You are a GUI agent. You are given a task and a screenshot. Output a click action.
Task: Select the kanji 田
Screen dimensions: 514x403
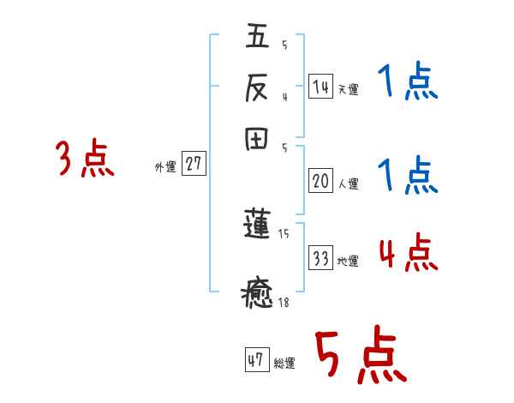258,140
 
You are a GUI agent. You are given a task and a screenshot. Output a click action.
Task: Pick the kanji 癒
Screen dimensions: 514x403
258,292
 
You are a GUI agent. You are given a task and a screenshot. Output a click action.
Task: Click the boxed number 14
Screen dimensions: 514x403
320,87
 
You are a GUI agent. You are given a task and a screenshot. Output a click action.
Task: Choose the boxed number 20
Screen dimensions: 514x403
320,181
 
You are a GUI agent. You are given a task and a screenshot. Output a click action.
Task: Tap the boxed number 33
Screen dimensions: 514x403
320,258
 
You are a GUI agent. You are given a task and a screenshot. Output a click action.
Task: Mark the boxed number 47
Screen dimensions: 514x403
256,360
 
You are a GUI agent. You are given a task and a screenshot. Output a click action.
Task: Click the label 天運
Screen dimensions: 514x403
348,89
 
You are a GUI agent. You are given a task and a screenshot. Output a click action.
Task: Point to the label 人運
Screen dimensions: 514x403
348,183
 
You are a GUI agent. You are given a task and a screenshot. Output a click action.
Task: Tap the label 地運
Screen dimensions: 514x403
348,261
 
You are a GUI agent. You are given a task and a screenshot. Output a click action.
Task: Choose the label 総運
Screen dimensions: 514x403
284,363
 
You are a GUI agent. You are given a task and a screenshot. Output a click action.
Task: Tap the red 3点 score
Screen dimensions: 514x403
85,159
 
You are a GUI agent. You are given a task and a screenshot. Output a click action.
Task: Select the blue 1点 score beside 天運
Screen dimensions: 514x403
407,82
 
